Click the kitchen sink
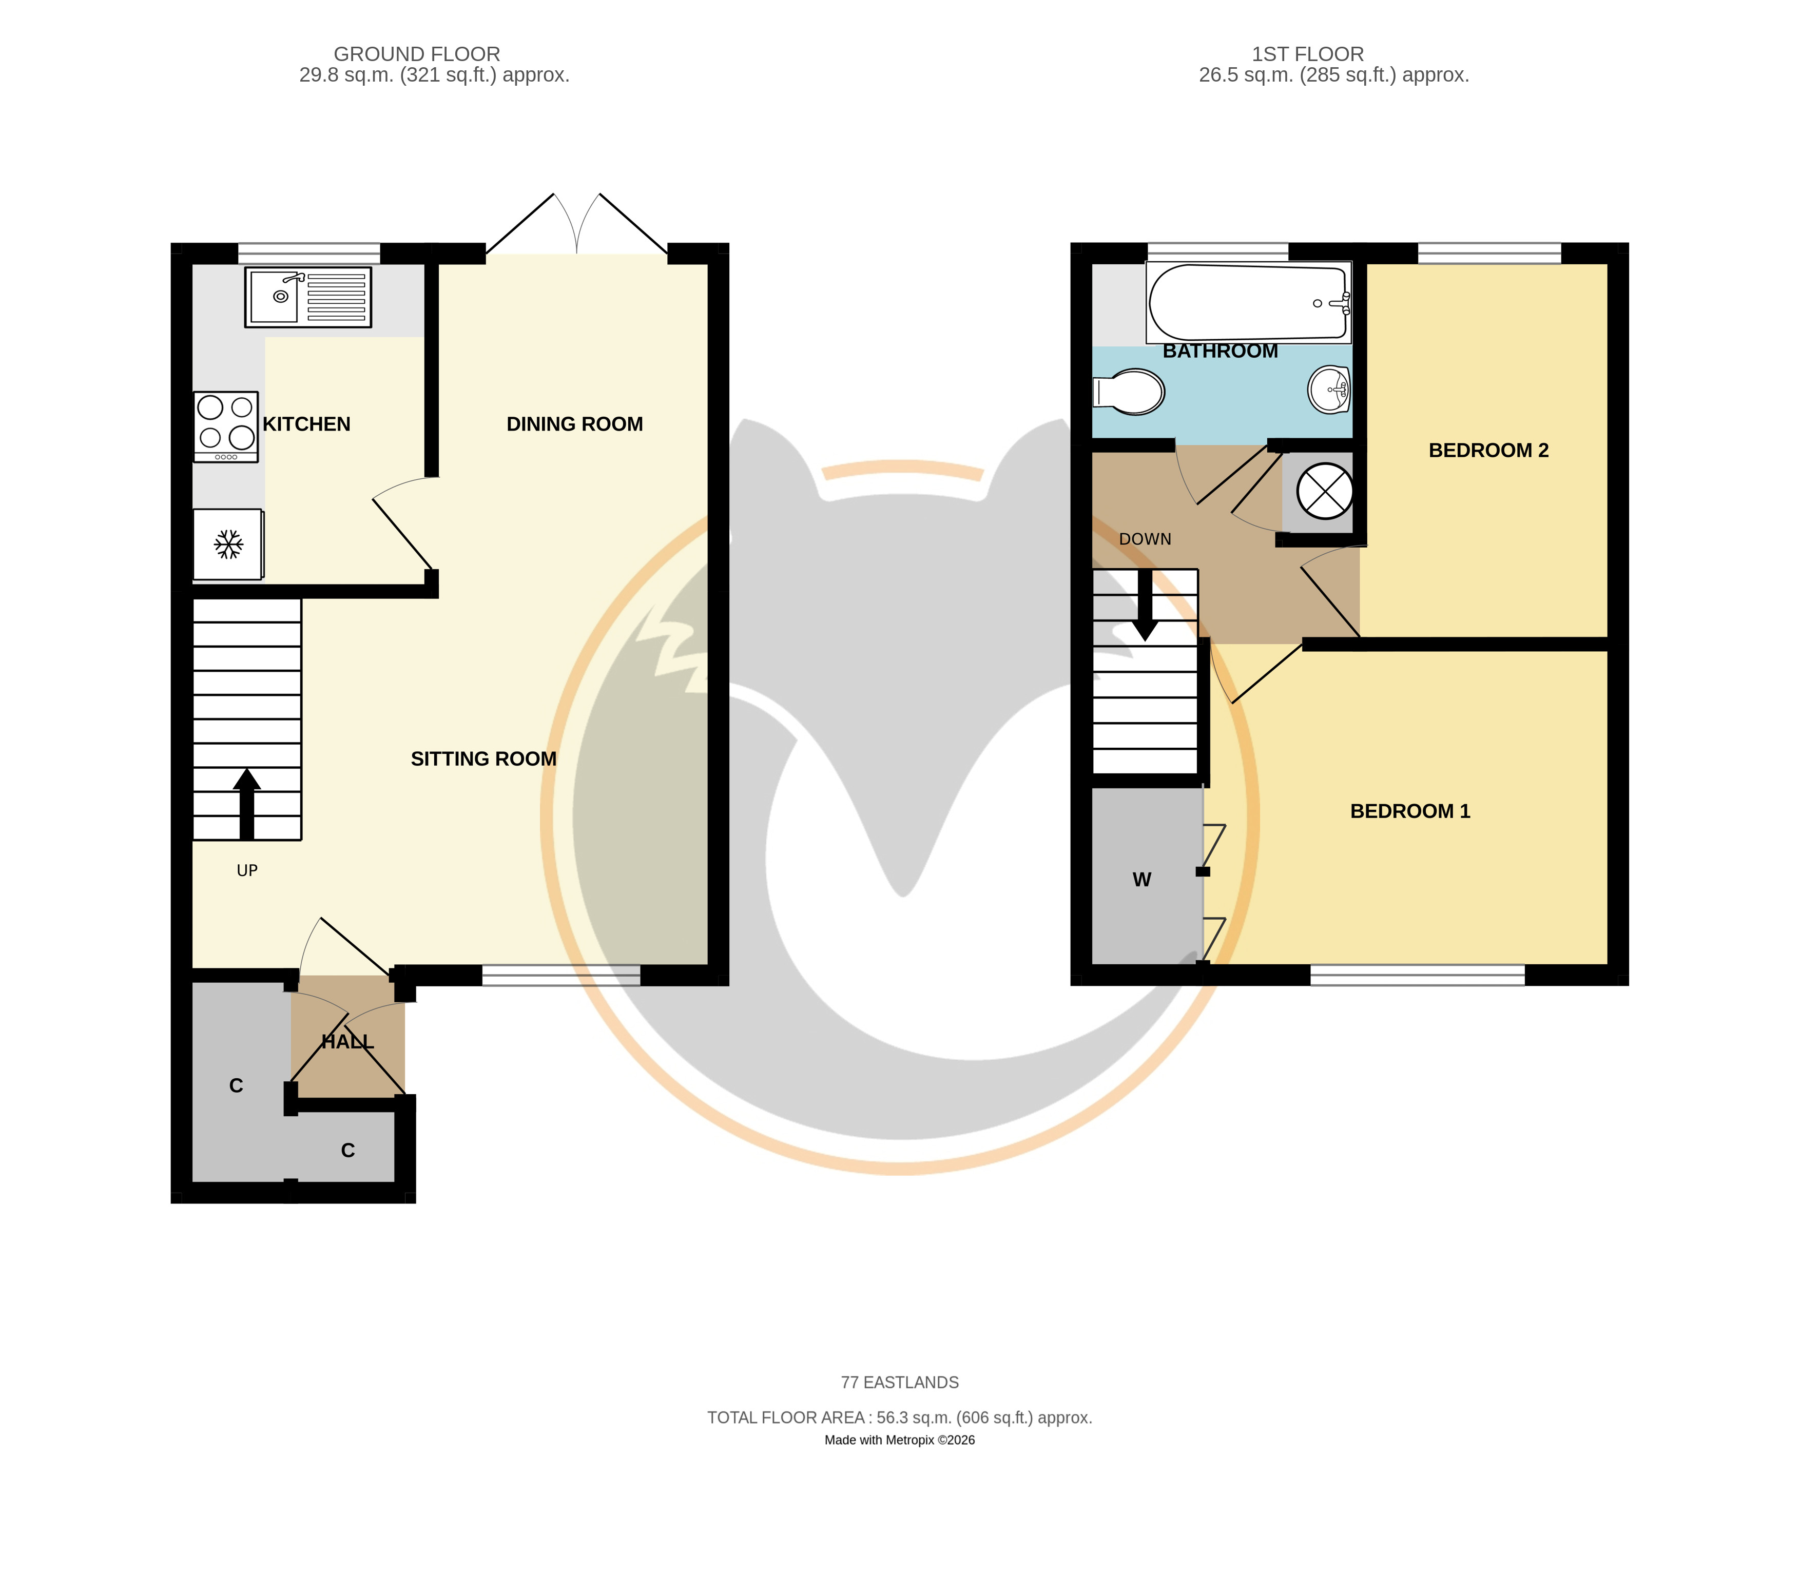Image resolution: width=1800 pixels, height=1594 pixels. tap(308, 297)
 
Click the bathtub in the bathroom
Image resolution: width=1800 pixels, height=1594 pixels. tap(1249, 302)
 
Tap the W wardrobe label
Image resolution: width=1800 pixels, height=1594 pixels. tap(1142, 880)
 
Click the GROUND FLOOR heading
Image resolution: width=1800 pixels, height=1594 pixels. tap(417, 54)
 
